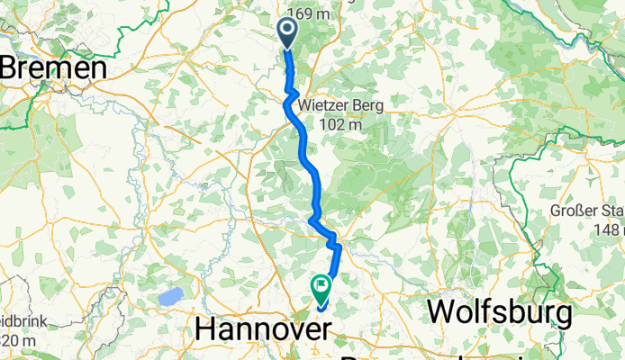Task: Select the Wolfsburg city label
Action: [x=500, y=313]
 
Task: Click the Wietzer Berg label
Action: [x=342, y=106]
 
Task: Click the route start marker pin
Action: [x=287, y=33]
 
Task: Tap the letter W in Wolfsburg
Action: [x=443, y=313]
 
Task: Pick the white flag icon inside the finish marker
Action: [x=322, y=285]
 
